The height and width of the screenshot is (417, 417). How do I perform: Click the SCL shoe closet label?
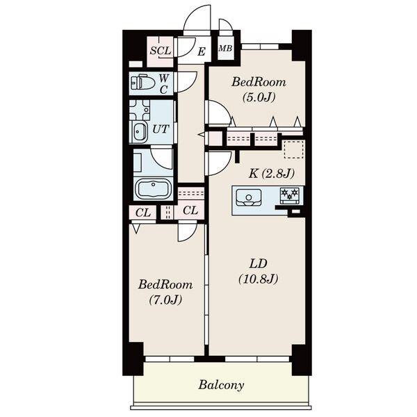(161, 51)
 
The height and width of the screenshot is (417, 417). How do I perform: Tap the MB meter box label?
(225, 49)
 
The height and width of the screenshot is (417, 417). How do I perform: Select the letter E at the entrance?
(202, 51)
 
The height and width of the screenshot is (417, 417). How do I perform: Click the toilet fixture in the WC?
(142, 83)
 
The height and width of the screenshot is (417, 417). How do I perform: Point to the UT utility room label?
(161, 129)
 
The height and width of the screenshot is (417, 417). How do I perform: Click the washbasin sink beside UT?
(138, 131)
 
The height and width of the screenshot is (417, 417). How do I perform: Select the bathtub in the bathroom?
(153, 188)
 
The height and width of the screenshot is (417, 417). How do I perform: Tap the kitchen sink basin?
(248, 197)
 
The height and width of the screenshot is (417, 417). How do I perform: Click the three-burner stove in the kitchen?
(289, 196)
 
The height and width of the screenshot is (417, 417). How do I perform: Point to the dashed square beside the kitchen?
(294, 149)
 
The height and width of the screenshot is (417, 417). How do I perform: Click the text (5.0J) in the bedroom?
(259, 97)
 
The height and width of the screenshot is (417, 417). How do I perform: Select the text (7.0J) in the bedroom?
(165, 300)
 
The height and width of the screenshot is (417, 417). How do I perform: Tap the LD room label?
(258, 264)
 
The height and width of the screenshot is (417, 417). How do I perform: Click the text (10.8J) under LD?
(259, 279)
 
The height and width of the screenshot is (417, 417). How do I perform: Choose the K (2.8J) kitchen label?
(272, 174)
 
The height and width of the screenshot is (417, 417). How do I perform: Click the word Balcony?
(221, 385)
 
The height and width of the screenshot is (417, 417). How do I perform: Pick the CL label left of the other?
(143, 213)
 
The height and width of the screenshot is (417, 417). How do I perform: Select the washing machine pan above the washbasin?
(140, 110)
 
